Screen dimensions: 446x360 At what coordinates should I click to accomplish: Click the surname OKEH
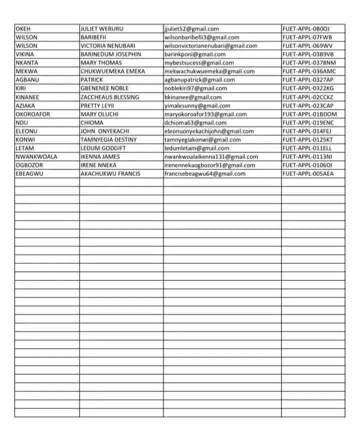click(x=23, y=28)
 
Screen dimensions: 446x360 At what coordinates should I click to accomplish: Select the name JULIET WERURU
click(x=102, y=28)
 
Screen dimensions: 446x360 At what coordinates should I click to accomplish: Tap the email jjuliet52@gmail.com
click(x=191, y=28)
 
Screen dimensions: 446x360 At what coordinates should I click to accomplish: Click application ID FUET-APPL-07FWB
click(x=307, y=37)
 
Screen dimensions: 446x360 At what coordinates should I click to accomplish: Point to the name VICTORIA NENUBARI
click(x=108, y=45)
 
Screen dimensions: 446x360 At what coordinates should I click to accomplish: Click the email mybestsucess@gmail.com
click(x=199, y=63)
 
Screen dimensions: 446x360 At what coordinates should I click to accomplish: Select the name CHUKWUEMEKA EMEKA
click(x=112, y=71)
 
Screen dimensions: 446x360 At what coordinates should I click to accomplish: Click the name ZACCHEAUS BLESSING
click(x=110, y=97)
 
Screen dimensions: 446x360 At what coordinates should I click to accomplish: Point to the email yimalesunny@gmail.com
click(x=197, y=105)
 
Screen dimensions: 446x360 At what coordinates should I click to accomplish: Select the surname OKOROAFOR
click(x=33, y=114)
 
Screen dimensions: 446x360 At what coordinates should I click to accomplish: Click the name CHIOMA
click(x=92, y=122)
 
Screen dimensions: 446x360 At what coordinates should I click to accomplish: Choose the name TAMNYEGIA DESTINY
click(x=108, y=139)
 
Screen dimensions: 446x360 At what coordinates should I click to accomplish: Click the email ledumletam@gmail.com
click(x=196, y=148)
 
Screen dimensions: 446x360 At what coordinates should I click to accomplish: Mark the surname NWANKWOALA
click(x=36, y=156)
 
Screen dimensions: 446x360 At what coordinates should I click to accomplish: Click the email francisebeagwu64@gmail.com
click(x=205, y=173)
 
